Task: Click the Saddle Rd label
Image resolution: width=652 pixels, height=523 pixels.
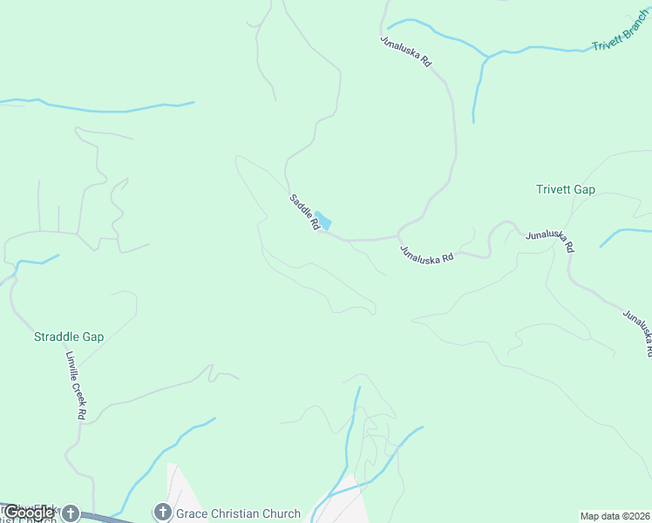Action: tap(304, 212)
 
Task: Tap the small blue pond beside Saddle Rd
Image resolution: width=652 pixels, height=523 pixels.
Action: tap(323, 220)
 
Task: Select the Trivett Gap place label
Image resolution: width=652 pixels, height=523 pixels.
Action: tap(566, 189)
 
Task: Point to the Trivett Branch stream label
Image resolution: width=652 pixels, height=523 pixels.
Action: tap(620, 33)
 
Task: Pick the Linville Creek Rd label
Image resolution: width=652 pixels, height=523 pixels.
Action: tap(75, 385)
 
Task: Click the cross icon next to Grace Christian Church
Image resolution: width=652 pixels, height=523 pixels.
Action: tap(162, 513)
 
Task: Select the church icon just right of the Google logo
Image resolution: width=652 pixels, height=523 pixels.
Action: tap(70, 513)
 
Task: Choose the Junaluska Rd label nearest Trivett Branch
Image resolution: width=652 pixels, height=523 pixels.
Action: tap(406, 51)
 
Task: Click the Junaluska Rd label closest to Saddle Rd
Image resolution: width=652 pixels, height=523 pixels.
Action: tap(426, 255)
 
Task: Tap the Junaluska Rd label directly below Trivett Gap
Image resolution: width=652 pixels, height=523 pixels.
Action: tap(549, 241)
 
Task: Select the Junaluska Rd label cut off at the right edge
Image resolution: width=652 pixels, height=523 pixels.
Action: tap(637, 332)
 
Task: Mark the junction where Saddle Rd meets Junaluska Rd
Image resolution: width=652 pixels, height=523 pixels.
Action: tap(397, 235)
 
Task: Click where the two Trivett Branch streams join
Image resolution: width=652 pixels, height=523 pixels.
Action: tap(486, 58)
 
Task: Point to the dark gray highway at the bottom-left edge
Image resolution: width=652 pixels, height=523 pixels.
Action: tap(105, 518)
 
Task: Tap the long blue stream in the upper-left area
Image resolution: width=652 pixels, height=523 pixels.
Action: tap(105, 108)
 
